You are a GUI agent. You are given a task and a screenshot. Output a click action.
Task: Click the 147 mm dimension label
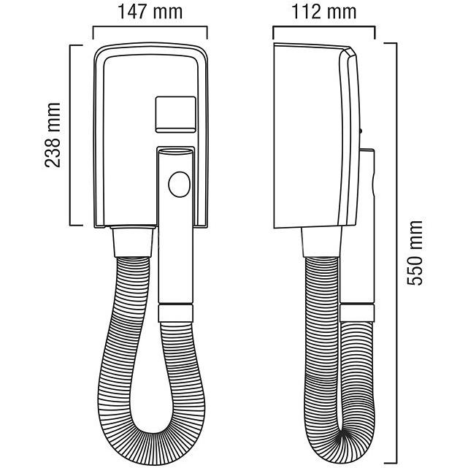coord(150,12)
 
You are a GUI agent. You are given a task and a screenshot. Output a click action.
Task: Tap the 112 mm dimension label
coord(324,12)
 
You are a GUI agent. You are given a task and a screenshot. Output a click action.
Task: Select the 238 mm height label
coord(53,134)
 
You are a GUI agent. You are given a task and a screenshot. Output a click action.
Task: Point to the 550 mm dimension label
coord(415,253)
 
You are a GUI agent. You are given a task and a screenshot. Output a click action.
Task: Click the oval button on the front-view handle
coord(179,184)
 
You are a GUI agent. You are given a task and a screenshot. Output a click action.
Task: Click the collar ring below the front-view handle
coord(176,312)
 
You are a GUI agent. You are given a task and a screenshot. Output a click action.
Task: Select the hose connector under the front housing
coord(133,242)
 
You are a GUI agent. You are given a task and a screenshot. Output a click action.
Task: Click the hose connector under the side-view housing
coord(322,242)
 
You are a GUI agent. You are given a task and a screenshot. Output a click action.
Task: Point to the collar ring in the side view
coord(357,312)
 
